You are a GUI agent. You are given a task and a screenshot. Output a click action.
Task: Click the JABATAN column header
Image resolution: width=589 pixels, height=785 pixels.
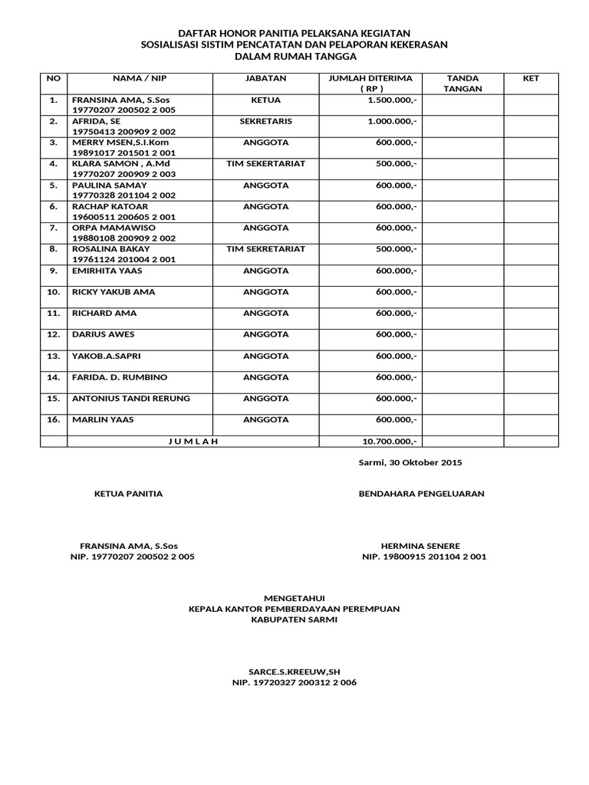point(265,78)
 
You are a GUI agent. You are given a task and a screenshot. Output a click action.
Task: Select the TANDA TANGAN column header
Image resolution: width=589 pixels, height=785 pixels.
point(462,83)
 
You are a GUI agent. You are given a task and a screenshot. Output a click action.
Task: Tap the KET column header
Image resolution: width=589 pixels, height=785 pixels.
point(531,78)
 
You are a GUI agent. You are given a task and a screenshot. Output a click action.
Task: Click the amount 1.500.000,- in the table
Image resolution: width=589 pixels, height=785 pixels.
point(392,100)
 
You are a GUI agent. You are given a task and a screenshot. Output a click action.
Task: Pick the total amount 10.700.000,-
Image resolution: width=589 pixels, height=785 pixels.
point(389,441)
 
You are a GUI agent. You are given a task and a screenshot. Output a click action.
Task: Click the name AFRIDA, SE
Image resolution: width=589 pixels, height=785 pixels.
point(96,121)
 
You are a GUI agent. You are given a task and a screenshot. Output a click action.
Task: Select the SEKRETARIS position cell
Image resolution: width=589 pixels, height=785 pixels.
point(265,121)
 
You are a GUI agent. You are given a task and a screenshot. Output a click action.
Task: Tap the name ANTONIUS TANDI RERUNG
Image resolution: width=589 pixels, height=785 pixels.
point(130,399)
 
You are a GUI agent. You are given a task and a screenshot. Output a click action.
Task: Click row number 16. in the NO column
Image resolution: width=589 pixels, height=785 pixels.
point(54,419)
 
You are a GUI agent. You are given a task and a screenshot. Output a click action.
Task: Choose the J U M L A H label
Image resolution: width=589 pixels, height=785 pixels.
point(192,441)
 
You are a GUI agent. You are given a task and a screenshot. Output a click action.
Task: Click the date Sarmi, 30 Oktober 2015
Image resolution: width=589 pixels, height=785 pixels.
point(410,462)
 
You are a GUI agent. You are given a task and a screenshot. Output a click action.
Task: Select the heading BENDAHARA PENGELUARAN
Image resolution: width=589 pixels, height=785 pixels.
point(421,494)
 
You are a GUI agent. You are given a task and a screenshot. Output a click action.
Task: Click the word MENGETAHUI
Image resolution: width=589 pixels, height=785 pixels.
point(294,598)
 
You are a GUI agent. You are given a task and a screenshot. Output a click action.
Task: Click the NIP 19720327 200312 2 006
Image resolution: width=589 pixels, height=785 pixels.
point(294,682)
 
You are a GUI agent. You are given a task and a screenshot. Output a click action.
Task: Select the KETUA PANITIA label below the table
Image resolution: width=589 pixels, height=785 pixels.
point(128,494)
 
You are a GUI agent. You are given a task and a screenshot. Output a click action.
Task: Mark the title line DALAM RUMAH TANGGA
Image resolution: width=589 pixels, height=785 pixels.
point(294,57)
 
